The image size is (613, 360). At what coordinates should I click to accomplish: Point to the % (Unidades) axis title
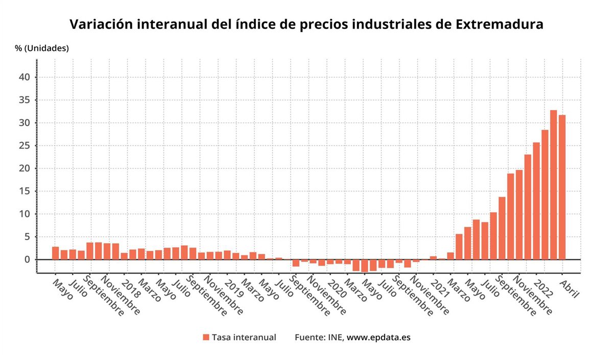pyautogui.click(x=42, y=49)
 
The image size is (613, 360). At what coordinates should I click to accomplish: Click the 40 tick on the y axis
pyautogui.click(x=26, y=77)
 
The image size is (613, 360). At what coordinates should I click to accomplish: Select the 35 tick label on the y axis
pyautogui.click(x=26, y=100)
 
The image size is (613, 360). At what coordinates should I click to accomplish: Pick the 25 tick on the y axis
pyautogui.click(x=26, y=146)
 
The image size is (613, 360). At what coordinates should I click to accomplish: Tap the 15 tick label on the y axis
pyautogui.click(x=26, y=191)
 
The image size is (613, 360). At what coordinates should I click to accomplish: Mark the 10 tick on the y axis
pyautogui.click(x=26, y=214)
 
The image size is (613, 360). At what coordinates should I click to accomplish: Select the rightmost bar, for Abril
pyautogui.click(x=562, y=187)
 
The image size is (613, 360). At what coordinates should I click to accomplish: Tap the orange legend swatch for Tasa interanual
pyautogui.click(x=206, y=337)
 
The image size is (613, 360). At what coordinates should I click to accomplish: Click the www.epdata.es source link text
pyautogui.click(x=379, y=338)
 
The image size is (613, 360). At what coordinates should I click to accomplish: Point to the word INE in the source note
pyautogui.click(x=335, y=338)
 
